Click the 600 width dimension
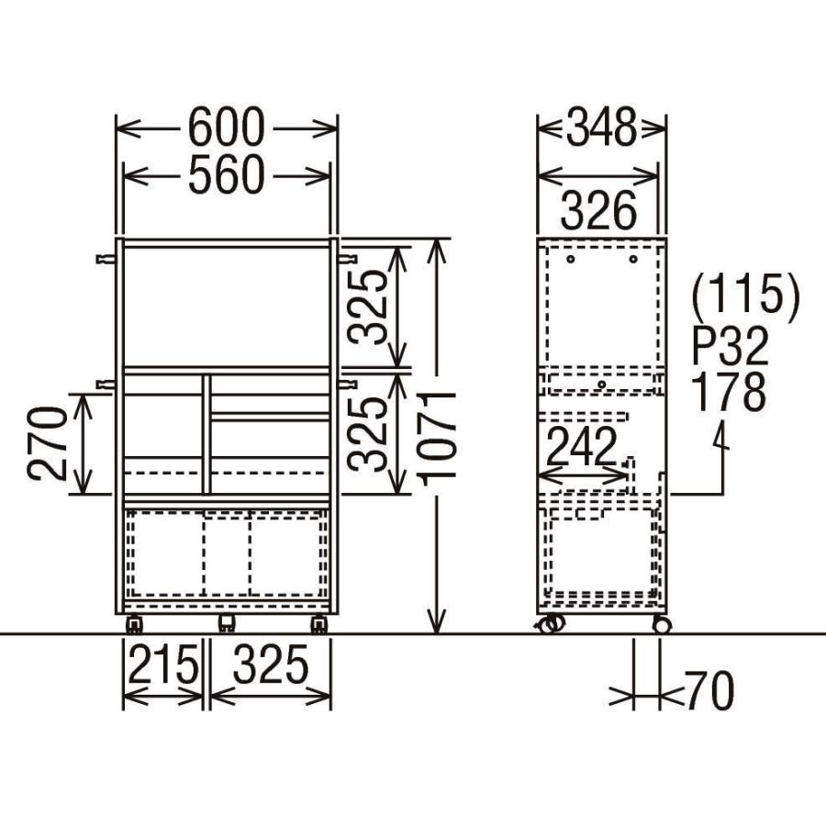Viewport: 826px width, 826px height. (226, 128)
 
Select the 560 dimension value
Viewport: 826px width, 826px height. (226, 174)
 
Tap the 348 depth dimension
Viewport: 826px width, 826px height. (601, 128)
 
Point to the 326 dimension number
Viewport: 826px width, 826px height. (599, 210)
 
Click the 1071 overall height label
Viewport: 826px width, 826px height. (437, 439)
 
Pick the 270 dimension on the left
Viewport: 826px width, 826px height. (48, 443)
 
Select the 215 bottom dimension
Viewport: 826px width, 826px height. (163, 664)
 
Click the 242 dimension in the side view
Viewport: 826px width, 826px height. (582, 446)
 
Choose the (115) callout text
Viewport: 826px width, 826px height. (746, 297)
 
